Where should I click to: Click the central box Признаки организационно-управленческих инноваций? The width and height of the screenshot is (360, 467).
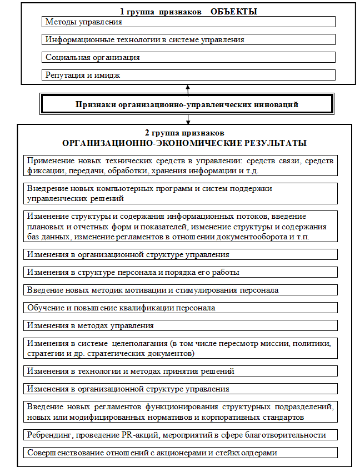click(187, 104)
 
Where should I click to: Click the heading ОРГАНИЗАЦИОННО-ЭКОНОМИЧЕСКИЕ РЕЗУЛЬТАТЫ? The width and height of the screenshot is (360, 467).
click(184, 143)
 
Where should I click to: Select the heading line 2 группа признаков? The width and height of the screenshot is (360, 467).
click(184, 134)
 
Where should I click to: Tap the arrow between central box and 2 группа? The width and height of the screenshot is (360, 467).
click(189, 119)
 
